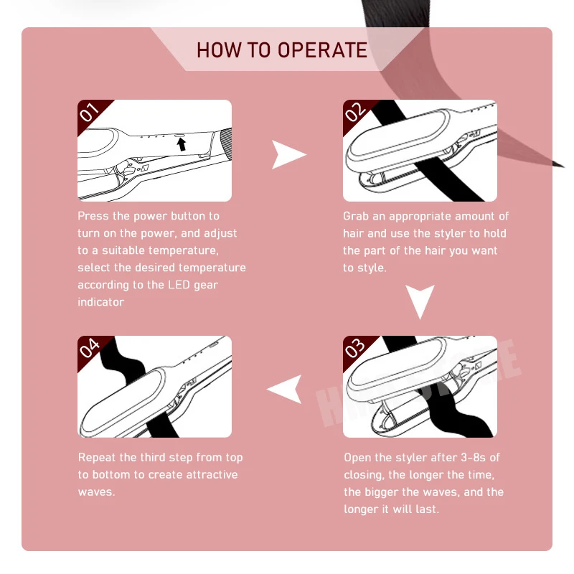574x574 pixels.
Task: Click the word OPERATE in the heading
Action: [322, 50]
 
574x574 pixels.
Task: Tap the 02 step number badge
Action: [355, 112]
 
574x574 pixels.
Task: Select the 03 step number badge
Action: [355, 348]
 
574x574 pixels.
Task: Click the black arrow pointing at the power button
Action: [182, 144]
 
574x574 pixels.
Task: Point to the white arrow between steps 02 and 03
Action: [420, 301]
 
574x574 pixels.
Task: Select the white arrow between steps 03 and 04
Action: [285, 389]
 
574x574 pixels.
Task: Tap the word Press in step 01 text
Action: [93, 216]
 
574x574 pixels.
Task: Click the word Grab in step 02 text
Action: [357, 216]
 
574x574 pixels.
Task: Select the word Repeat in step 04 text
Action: [97, 458]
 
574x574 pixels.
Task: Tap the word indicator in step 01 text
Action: [100, 302]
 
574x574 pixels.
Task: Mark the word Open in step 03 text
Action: [357, 458]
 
